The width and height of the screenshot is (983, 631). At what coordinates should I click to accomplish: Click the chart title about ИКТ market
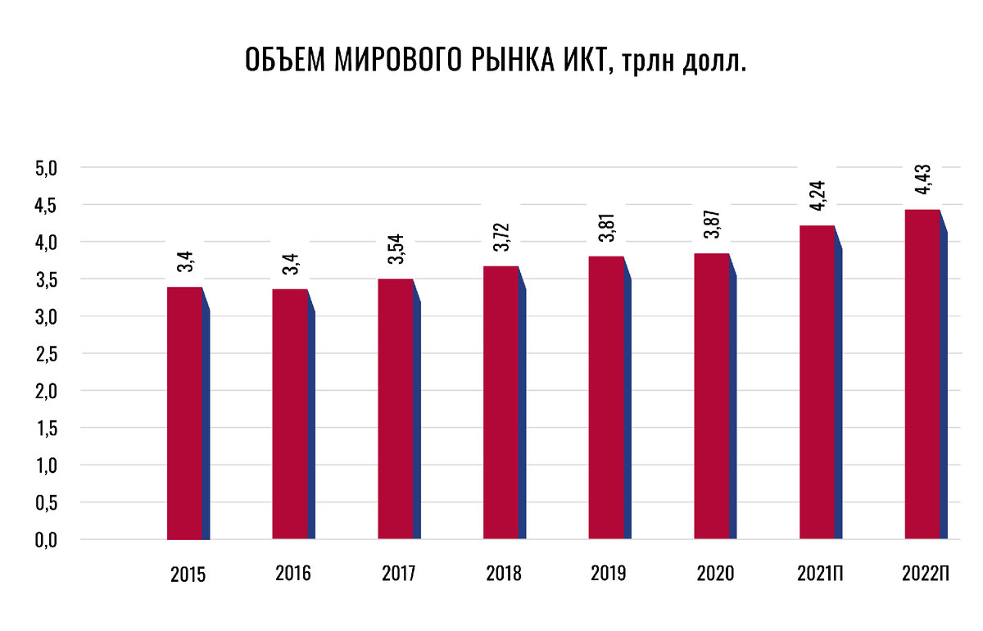[496, 61]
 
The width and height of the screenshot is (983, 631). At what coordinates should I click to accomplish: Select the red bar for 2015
[184, 414]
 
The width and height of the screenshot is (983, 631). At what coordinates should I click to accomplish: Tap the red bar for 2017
[396, 410]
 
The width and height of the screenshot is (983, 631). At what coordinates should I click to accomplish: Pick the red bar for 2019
[606, 397]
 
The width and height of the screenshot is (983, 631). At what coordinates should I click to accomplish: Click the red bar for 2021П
[817, 383]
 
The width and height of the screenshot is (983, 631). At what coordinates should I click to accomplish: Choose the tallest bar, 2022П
[922, 375]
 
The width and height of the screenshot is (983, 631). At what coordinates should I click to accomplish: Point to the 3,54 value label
[396, 250]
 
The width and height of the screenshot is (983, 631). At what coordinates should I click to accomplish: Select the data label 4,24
[818, 197]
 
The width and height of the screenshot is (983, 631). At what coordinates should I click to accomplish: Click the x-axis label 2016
[293, 574]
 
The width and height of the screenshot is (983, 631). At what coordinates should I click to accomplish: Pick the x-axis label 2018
[504, 574]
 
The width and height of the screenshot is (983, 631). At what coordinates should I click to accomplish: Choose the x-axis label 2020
[714, 574]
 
